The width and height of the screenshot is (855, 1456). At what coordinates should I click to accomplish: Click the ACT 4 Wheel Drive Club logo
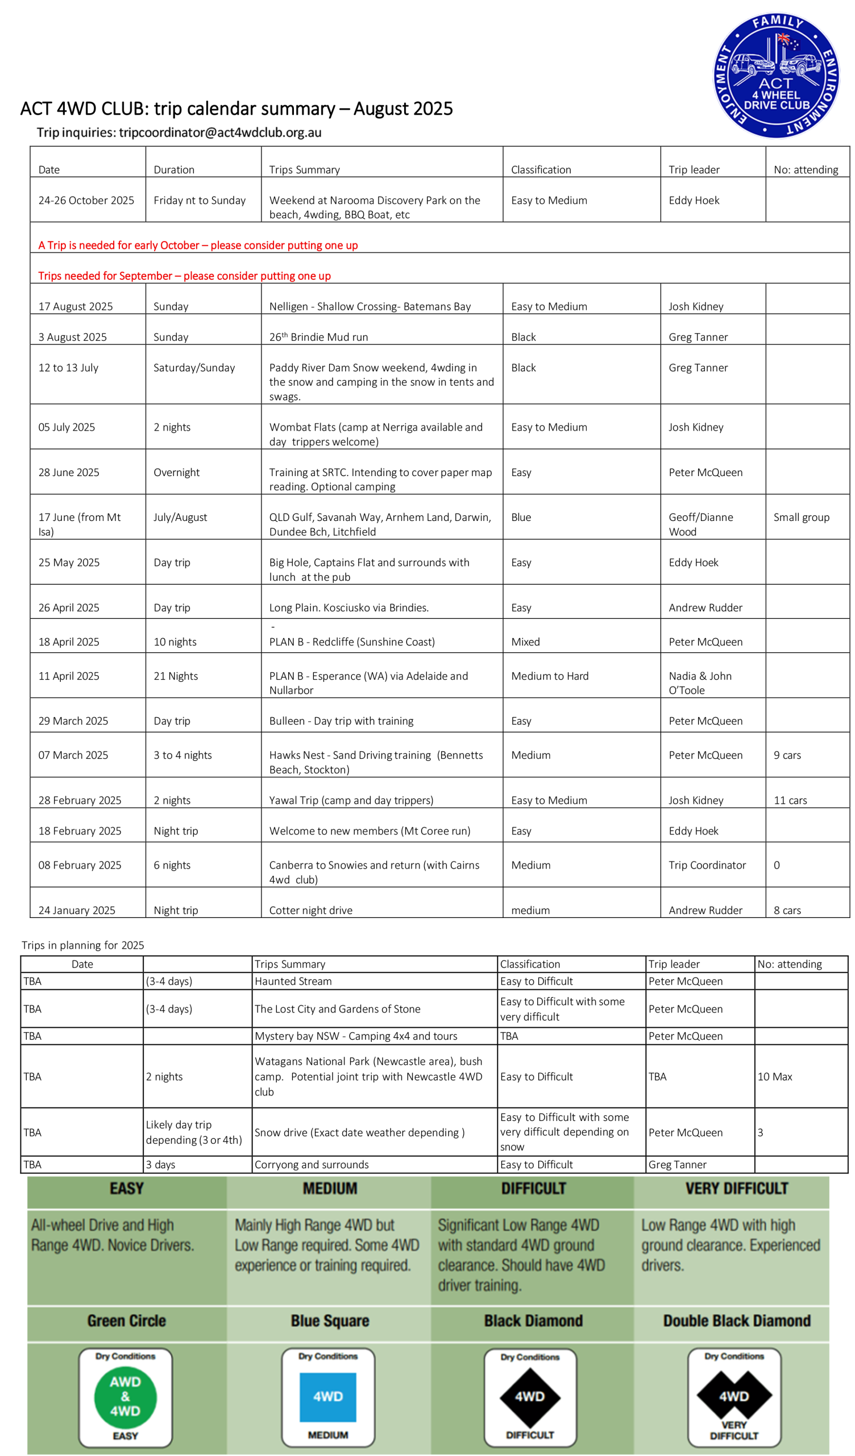[x=776, y=75]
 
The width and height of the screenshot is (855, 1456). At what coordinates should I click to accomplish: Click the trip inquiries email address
[x=220, y=133]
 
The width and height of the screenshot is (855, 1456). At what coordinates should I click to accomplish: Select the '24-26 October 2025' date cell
[x=86, y=201]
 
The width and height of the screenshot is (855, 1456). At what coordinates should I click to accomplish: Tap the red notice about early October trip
[x=198, y=245]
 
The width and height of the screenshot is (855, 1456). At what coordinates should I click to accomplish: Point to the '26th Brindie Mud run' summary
[x=318, y=337]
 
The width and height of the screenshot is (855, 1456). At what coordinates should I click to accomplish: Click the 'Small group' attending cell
[x=801, y=517]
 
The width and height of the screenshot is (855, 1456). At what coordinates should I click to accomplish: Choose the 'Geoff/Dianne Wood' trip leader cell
[x=701, y=524]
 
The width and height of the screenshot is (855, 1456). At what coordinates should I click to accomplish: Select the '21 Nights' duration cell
[x=176, y=676]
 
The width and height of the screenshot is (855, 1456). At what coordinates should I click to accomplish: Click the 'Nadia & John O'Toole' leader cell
[x=700, y=683]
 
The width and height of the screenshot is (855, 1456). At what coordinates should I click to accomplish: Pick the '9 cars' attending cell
[x=787, y=755]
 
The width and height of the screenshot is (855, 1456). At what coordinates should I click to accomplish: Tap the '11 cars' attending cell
[x=790, y=800]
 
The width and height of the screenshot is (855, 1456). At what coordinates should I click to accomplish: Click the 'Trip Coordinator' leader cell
[x=707, y=865]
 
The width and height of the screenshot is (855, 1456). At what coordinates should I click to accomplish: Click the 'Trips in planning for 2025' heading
[x=82, y=945]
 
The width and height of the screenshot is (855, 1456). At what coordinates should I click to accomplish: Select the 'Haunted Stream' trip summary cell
[x=293, y=981]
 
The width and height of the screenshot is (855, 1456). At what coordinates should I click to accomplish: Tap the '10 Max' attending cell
[x=775, y=1077]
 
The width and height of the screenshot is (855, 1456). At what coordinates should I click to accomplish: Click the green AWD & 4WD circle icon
[x=126, y=1396]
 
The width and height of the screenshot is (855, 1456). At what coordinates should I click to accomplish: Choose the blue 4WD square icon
[x=327, y=1396]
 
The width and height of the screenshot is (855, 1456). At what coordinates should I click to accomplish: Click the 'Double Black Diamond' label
[x=737, y=1321]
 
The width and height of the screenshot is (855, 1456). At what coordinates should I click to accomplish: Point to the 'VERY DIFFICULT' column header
[x=737, y=1189]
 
